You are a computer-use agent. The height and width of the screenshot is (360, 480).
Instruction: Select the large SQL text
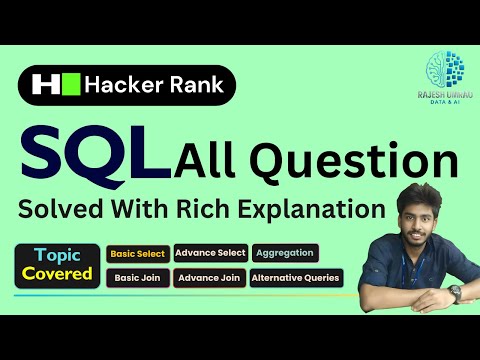tap(90, 157)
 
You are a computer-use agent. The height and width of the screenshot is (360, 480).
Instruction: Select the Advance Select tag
tap(211, 253)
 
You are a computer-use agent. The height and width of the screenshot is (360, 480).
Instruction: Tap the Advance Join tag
tap(210, 277)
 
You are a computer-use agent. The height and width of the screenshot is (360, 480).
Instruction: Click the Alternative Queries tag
tap(296, 277)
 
